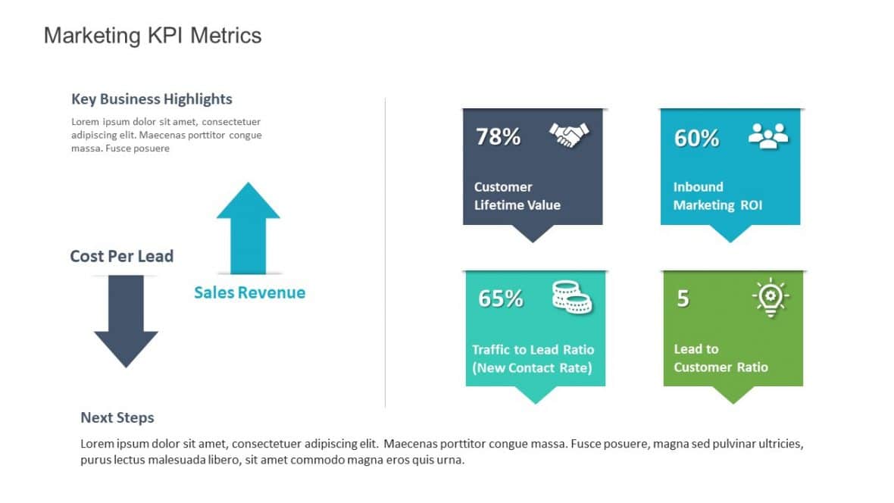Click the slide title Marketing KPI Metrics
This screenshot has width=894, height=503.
(152, 36)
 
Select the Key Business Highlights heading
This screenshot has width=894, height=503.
(152, 99)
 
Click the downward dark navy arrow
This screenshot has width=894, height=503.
(126, 322)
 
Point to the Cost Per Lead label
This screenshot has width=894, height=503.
(121, 256)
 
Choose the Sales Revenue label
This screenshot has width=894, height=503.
(249, 292)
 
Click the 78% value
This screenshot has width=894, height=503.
(498, 137)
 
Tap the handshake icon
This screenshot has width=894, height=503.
(568, 136)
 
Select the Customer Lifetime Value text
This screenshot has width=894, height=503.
(517, 196)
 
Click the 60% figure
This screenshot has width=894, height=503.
(696, 138)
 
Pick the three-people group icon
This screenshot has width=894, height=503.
(767, 136)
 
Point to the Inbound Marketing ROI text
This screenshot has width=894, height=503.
(717, 196)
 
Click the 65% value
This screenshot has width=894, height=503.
(500, 298)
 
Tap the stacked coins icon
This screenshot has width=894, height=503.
(572, 296)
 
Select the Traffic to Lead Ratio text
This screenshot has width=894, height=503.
(533, 359)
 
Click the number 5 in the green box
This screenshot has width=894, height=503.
(683, 299)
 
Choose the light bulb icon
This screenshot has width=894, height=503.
(771, 297)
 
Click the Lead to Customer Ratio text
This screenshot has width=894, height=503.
(720, 358)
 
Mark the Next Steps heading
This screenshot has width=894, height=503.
(117, 418)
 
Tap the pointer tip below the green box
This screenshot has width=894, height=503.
(733, 398)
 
